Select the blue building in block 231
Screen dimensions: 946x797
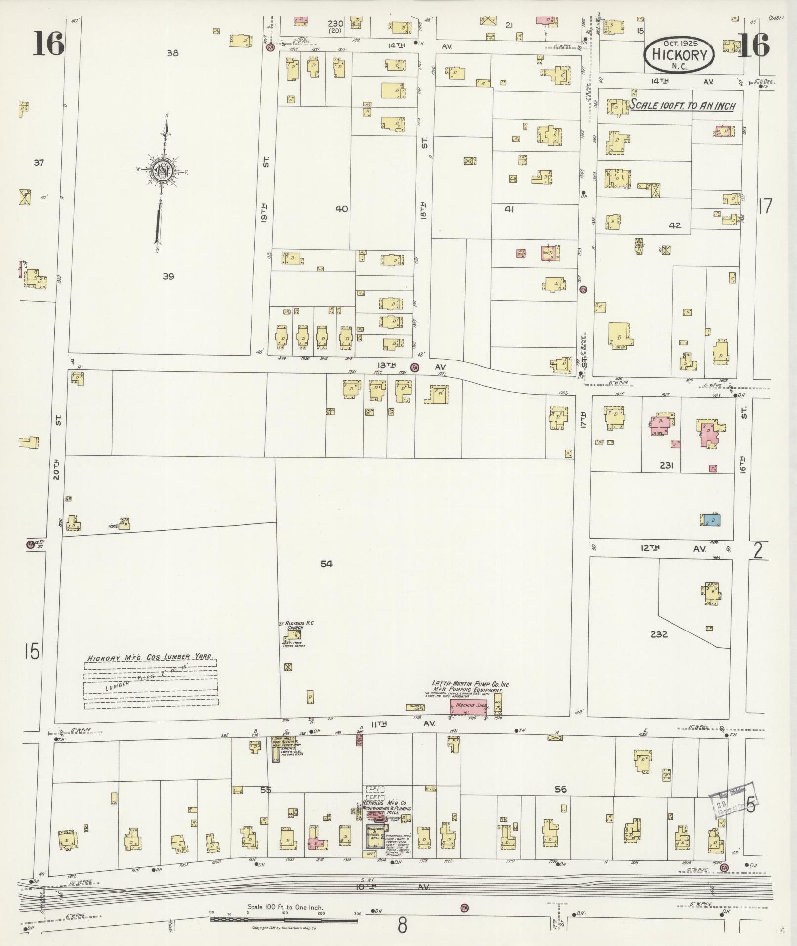tap(713, 520)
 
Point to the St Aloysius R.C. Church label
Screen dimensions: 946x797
tap(296, 626)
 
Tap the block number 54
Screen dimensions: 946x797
tap(326, 563)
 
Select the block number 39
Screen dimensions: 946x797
tap(168, 277)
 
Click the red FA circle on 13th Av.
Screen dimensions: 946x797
tap(415, 367)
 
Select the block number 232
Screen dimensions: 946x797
tap(659, 634)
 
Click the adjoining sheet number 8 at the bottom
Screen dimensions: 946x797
tap(402, 925)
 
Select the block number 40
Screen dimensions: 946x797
tap(341, 209)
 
